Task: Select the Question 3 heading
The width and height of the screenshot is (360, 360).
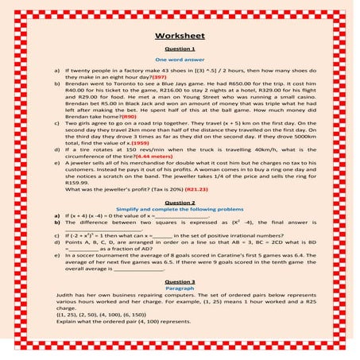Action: pyautogui.click(x=180, y=281)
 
